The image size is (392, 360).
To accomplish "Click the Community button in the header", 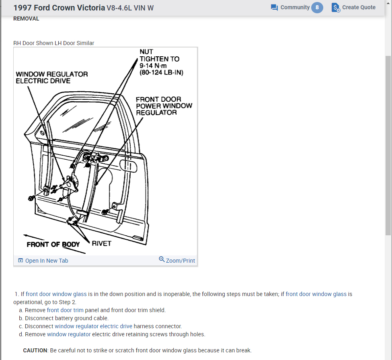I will coord(290,7).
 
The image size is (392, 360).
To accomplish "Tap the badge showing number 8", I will coord(317,7).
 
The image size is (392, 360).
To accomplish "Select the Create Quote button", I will coord(353,7).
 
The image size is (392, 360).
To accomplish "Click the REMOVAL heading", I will coord(26,19).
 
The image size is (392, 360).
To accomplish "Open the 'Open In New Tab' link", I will coord(43,261).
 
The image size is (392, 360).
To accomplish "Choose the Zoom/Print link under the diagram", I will coord(177,260).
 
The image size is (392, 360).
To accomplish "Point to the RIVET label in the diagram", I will coord(101,243).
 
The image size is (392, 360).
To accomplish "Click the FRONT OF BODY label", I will coord(53,245).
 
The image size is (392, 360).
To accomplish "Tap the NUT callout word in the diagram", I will coord(146,52).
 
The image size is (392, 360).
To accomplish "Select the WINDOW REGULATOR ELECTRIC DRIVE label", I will coord(51,78).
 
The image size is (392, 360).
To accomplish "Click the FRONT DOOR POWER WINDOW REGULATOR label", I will coord(164,106).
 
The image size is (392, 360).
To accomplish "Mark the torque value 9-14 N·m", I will coord(153,66).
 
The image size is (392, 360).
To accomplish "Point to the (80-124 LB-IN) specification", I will coord(161,73).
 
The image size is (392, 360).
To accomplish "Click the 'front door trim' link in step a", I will coord(65,310).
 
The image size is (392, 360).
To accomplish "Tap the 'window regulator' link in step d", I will coord(69,334).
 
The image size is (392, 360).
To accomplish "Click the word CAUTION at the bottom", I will coord(35,350).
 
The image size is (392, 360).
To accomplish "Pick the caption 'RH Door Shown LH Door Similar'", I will coord(54,43).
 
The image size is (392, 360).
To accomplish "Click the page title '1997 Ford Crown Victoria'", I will coord(59,8).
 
